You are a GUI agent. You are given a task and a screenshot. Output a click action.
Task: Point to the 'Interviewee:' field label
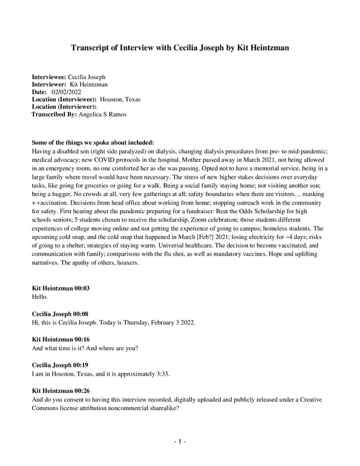coord(49,77)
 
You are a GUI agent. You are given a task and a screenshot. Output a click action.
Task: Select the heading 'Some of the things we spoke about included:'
coord(93,143)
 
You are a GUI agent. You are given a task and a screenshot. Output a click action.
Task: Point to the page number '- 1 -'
coord(179,443)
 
